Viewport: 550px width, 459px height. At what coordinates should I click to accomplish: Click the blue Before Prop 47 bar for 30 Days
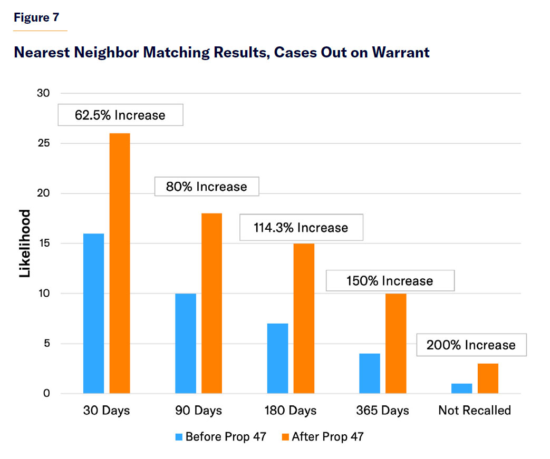click(x=94, y=313)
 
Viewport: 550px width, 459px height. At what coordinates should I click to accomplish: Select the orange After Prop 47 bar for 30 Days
click(x=120, y=263)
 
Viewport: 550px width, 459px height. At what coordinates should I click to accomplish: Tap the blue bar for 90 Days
click(x=186, y=343)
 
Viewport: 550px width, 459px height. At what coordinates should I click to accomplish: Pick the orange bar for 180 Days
click(x=304, y=318)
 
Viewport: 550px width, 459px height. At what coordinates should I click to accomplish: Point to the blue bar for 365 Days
click(x=370, y=373)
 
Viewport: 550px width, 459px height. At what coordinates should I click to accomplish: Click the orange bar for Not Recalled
click(x=488, y=378)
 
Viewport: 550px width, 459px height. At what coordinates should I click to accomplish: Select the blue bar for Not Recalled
click(x=462, y=388)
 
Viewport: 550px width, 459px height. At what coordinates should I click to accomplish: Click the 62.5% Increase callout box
click(x=120, y=115)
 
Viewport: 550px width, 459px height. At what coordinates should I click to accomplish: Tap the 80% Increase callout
click(x=207, y=187)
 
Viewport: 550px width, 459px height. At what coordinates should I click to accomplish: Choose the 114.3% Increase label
click(x=302, y=227)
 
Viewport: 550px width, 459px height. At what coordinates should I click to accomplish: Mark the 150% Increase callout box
click(x=390, y=280)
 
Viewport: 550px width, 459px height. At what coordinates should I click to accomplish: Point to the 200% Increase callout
click(x=471, y=345)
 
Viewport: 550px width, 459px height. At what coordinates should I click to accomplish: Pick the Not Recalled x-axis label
click(x=475, y=410)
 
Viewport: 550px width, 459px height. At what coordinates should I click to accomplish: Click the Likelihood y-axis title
click(x=25, y=243)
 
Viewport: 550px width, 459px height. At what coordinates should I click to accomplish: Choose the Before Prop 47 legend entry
click(x=221, y=436)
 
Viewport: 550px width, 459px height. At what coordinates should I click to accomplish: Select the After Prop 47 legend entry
click(x=322, y=436)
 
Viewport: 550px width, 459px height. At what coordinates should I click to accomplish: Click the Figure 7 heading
click(x=36, y=17)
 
